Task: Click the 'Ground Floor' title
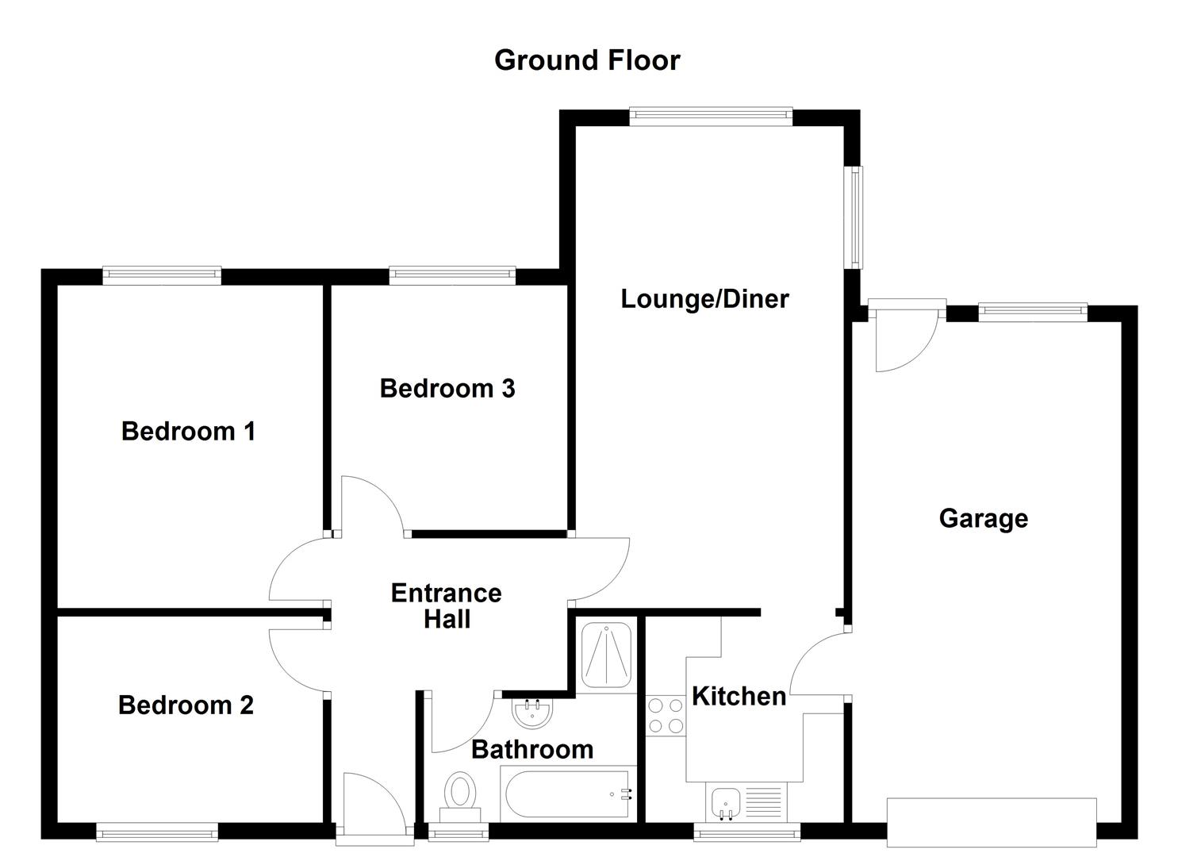click(587, 60)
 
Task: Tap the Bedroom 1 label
click(188, 431)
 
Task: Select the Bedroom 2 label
click(186, 705)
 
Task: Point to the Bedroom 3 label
click(447, 388)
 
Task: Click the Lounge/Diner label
click(704, 298)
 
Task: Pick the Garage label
click(983, 518)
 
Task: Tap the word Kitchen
click(739, 696)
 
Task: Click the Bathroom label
click(532, 749)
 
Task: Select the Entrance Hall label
click(447, 605)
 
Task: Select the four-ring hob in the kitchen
click(665, 715)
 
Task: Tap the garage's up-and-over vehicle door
click(992, 823)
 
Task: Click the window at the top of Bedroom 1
click(162, 275)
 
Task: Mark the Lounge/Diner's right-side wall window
click(854, 217)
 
